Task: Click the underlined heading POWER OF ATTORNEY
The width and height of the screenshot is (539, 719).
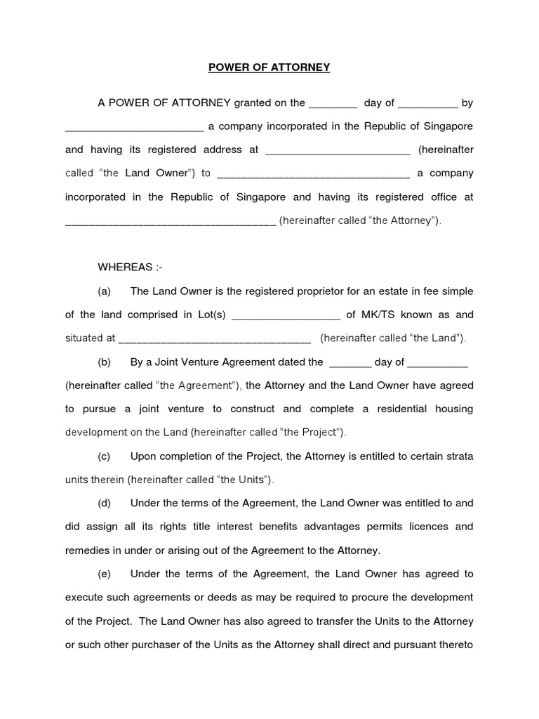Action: [269, 67]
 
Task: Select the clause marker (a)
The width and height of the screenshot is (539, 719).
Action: [105, 291]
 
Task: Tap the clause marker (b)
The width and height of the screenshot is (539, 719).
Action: [105, 362]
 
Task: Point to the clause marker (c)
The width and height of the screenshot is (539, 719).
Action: [105, 456]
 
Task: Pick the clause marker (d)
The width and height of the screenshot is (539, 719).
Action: [105, 503]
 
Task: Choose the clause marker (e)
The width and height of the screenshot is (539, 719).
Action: [105, 574]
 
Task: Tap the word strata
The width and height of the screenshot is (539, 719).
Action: [460, 456]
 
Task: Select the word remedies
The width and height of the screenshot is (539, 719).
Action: [89, 550]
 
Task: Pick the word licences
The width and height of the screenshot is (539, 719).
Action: [416, 527]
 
